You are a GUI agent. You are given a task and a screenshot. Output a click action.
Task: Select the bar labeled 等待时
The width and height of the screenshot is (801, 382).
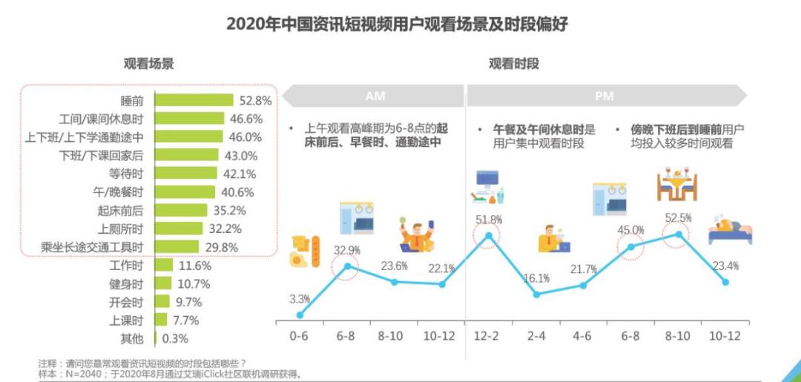(186, 174)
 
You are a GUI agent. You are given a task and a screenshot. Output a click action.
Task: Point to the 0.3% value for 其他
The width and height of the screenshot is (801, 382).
(175, 338)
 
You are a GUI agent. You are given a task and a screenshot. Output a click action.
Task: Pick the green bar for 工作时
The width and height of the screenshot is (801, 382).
(164, 265)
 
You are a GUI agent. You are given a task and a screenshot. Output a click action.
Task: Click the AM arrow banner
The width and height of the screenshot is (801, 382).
(373, 96)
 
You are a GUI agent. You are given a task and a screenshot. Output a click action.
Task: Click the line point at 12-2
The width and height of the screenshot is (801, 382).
(488, 237)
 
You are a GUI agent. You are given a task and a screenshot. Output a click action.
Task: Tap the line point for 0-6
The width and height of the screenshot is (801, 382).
(300, 315)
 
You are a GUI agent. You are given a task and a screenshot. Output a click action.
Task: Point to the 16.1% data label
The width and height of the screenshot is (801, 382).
(536, 278)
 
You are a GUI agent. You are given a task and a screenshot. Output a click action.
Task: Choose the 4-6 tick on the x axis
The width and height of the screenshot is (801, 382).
(582, 335)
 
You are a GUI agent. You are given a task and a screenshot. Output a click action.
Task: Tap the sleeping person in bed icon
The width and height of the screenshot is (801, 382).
(730, 231)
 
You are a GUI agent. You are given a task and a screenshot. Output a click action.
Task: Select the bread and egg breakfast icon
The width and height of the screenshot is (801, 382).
(304, 251)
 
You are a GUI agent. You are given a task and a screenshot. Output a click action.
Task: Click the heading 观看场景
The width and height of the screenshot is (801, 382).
(149, 64)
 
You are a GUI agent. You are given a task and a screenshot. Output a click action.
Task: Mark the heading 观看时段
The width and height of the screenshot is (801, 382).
(513, 64)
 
